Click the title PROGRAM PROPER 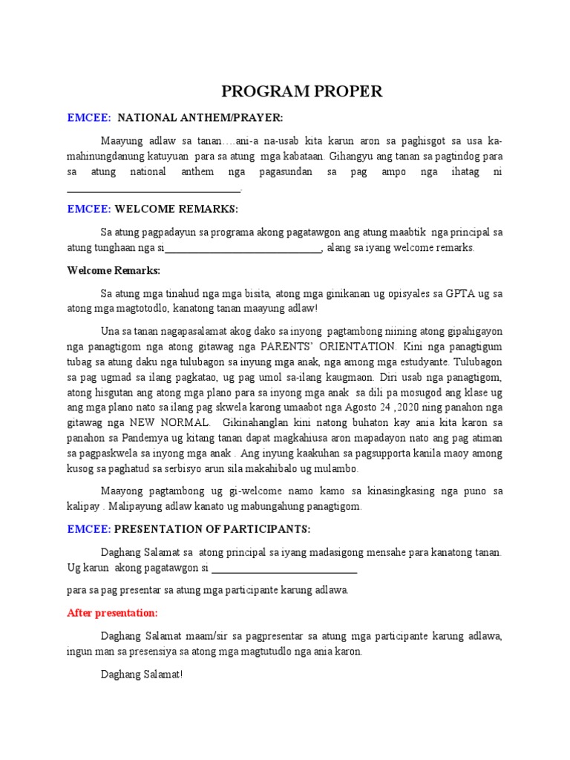pyautogui.click(x=302, y=92)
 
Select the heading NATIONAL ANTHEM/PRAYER pyautogui.click(x=200, y=118)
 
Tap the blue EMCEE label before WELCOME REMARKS pyautogui.click(x=89, y=210)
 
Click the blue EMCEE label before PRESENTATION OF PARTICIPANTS pyautogui.click(x=89, y=528)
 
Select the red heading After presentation pyautogui.click(x=112, y=613)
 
